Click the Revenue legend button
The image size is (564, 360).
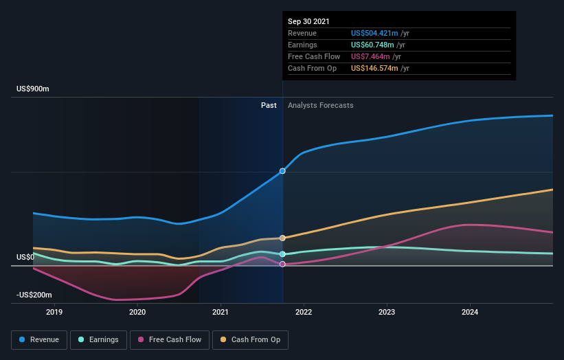[x=40, y=339]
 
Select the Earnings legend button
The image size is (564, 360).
[x=98, y=339]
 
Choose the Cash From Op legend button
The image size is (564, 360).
[x=251, y=339]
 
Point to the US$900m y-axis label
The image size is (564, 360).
[x=33, y=89]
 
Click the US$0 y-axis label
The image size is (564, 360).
[x=25, y=258]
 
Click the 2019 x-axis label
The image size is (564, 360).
[x=54, y=313]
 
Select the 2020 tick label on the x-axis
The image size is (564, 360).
[x=137, y=313]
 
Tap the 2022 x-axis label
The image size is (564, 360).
[x=304, y=313]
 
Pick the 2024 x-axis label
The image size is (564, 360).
[x=470, y=313]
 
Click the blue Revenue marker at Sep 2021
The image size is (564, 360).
[x=282, y=171]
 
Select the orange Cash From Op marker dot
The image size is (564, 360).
[x=282, y=238]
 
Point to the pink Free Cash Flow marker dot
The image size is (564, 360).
[x=282, y=265]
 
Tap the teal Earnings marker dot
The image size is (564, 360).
[x=282, y=254]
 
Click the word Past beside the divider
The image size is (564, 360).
[x=269, y=105]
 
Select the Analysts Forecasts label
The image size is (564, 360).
[x=321, y=105]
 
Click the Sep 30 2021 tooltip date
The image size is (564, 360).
[x=309, y=21]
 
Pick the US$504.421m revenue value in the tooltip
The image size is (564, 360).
[x=374, y=33]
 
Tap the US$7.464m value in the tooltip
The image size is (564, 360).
[x=370, y=56]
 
